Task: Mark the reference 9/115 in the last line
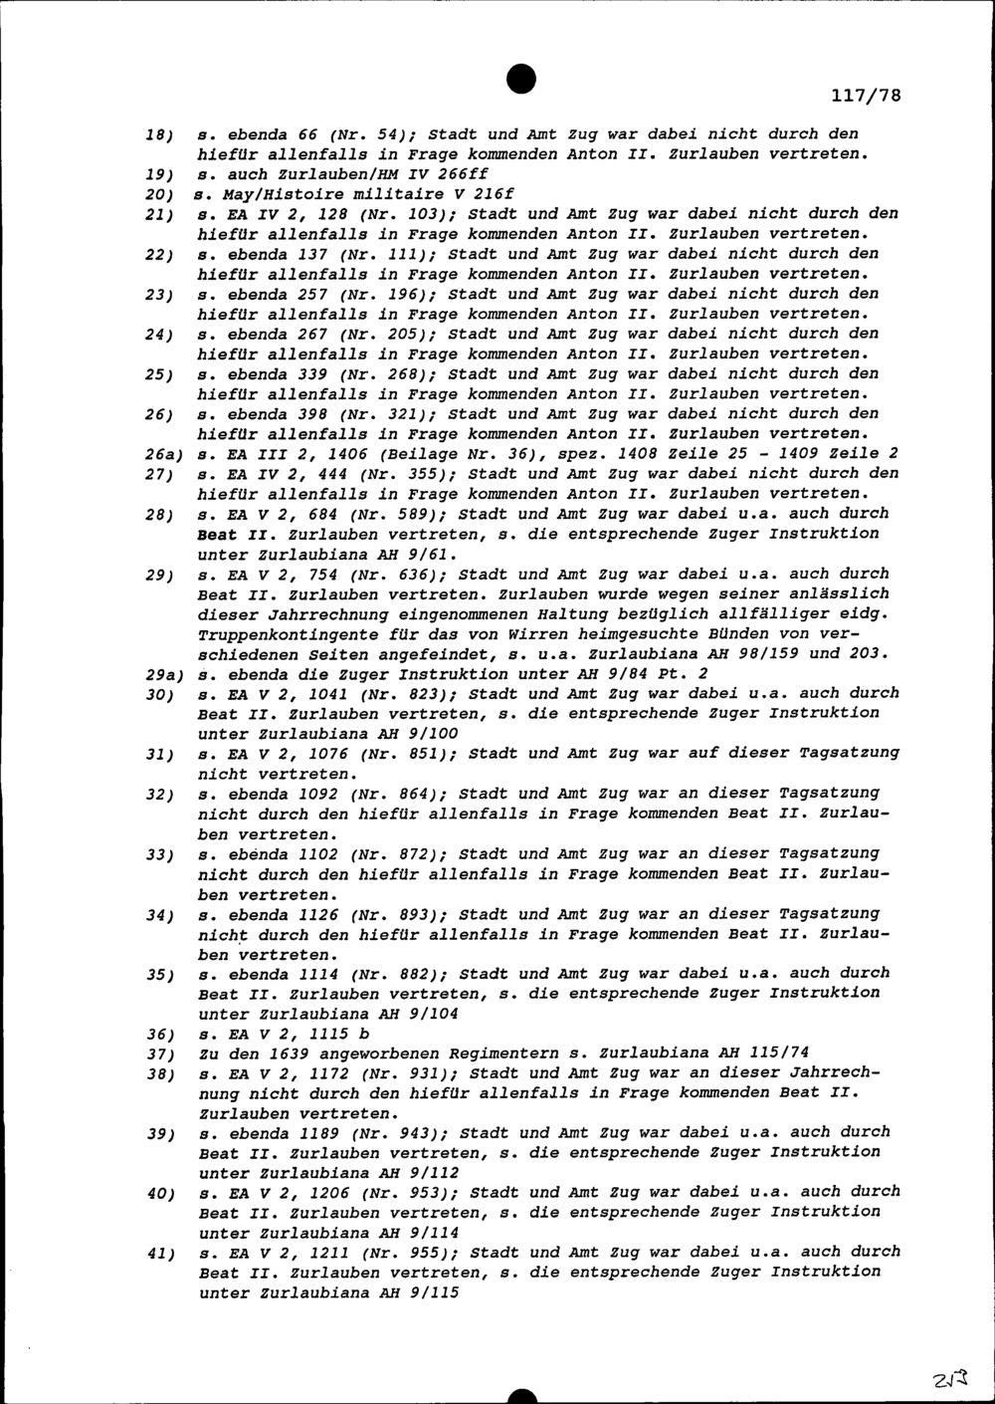point(433,1292)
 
